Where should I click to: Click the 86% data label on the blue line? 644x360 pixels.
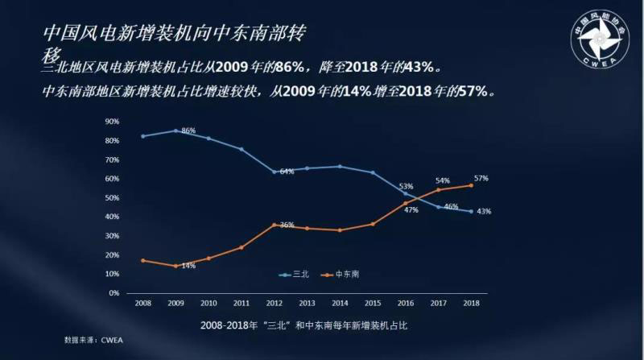(188, 130)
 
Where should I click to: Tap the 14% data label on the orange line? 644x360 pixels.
(188, 265)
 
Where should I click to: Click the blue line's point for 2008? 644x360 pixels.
(143, 136)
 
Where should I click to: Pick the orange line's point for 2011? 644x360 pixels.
(242, 247)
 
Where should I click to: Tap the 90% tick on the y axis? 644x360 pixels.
(113, 121)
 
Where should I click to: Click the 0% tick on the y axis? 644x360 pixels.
(114, 293)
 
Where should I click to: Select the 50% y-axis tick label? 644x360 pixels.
(113, 197)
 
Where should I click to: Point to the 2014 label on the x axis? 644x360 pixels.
(340, 304)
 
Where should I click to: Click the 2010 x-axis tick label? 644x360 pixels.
(208, 304)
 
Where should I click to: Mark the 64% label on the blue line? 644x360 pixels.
(287, 172)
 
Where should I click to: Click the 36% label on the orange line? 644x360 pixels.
(287, 225)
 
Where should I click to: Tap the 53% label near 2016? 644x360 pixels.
(406, 186)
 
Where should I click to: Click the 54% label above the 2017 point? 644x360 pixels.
(442, 180)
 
